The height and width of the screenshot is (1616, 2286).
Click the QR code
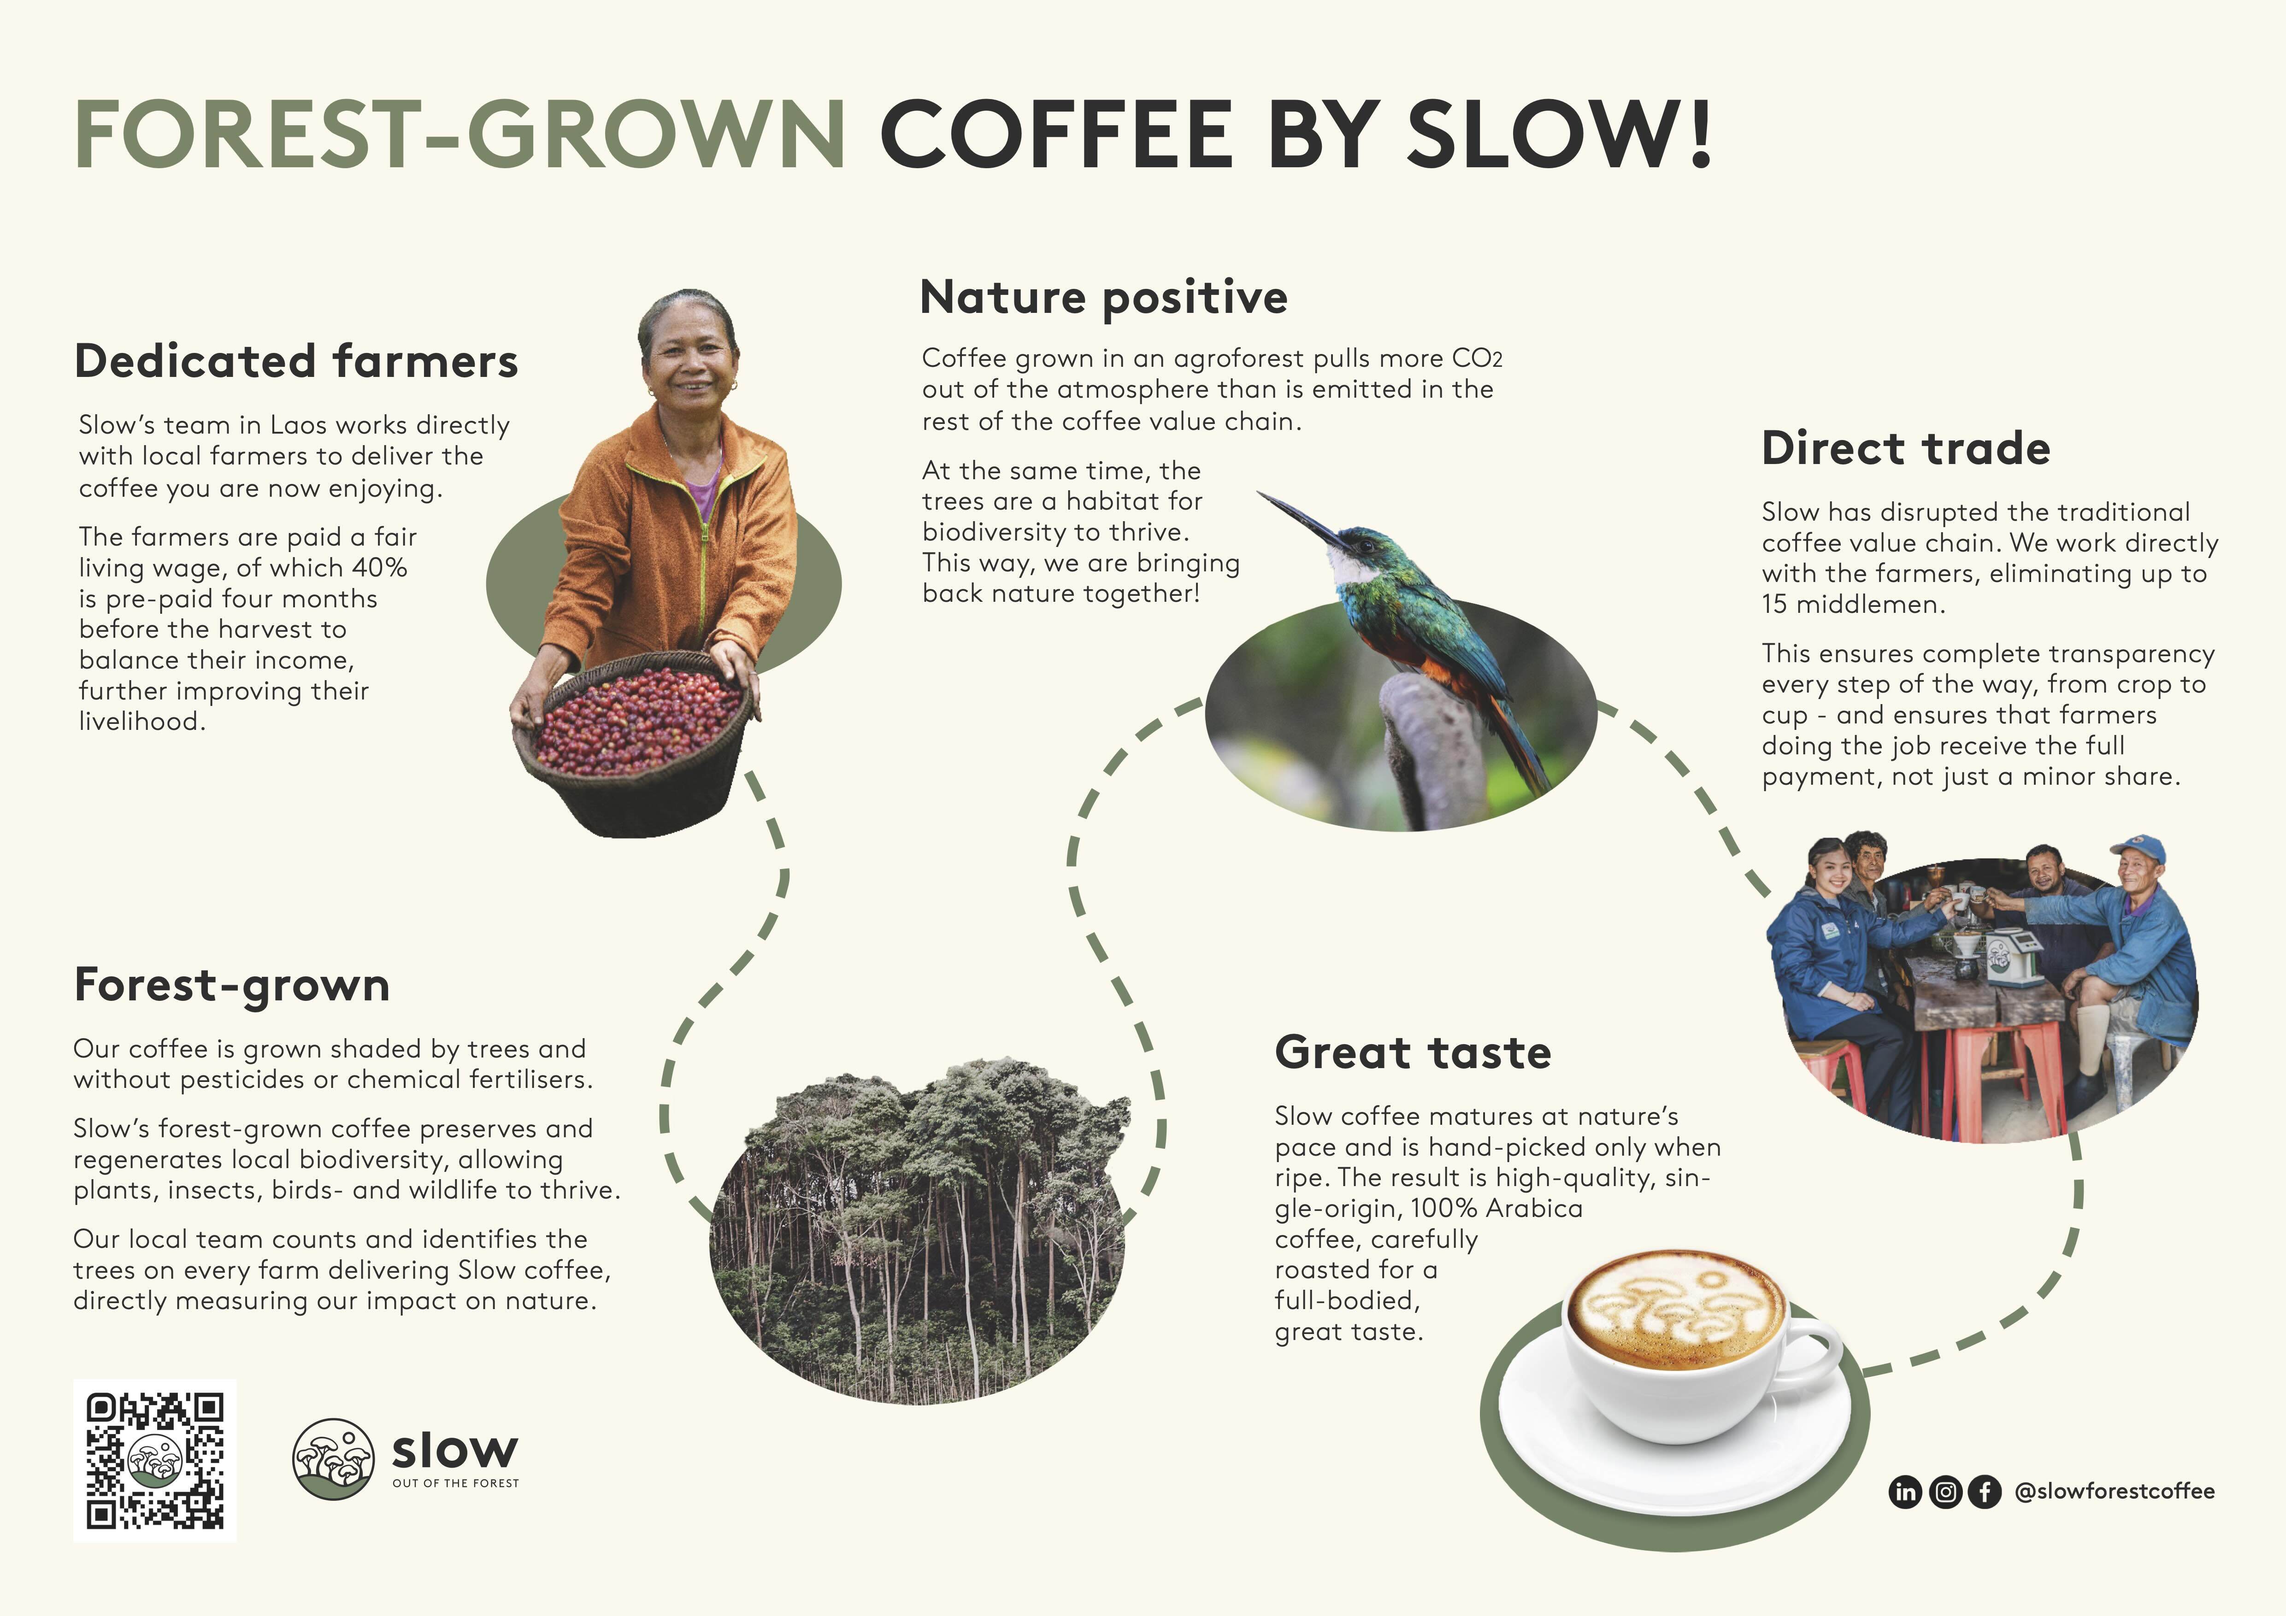coord(154,1461)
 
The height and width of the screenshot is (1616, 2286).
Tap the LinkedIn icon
coord(1905,1492)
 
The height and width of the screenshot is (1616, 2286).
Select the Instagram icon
coord(1944,1492)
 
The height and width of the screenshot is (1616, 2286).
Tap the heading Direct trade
coord(1906,448)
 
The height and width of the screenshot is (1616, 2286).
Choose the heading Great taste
coord(1413,1052)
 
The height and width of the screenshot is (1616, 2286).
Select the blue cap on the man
coord(2139,849)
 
